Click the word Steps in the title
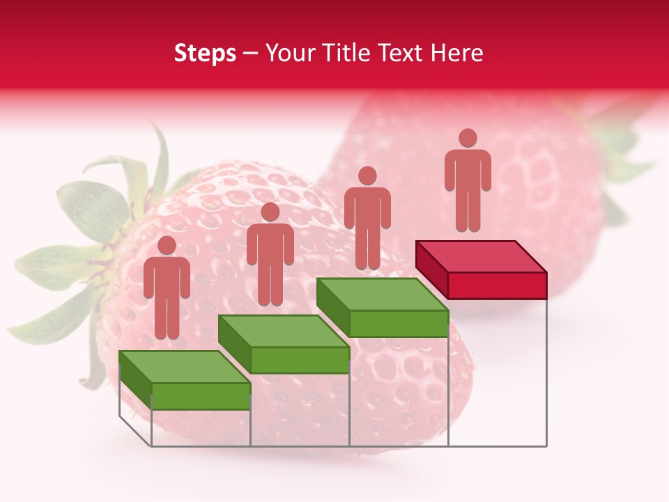(205, 54)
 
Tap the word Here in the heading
(456, 54)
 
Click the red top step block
(481, 268)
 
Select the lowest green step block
(185, 381)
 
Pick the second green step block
(284, 344)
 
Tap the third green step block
(383, 307)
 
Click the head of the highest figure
(468, 138)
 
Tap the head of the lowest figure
(167, 245)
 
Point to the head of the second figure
(270, 212)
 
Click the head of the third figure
(367, 176)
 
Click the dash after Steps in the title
(247, 54)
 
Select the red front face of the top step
(497, 285)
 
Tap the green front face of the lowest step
(201, 396)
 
